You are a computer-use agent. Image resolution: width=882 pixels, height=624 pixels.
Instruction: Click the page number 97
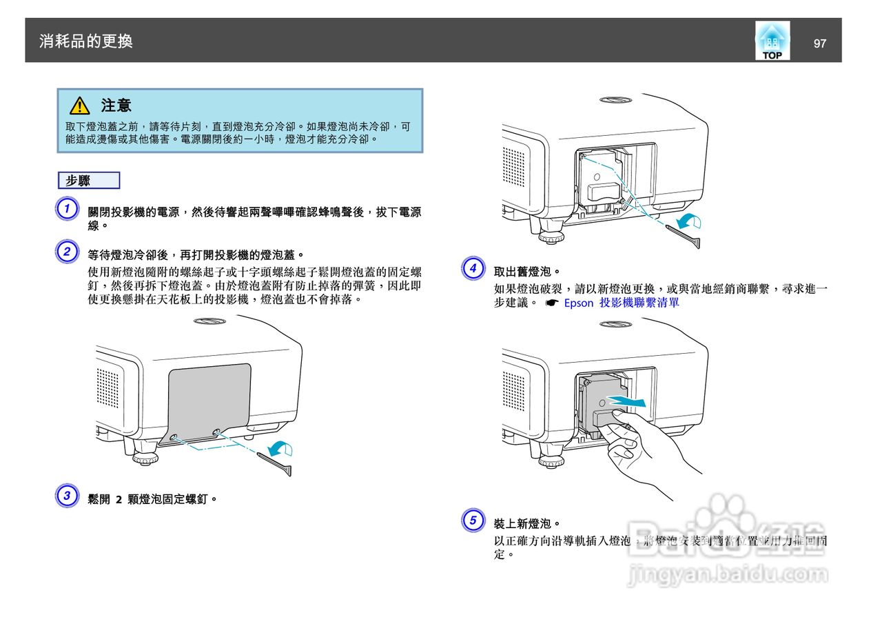[x=819, y=43]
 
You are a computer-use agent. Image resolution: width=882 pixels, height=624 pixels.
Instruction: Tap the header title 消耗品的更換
[x=86, y=41]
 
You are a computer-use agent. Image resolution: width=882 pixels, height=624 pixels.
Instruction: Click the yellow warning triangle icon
[x=79, y=105]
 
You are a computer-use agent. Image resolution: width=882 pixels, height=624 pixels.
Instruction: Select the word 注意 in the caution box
[x=116, y=105]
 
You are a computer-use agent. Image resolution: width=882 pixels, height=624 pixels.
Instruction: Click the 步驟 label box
[x=89, y=181]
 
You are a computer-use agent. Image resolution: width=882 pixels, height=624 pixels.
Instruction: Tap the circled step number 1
[x=66, y=209]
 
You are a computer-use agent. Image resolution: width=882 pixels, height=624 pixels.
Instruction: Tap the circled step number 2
[x=66, y=251]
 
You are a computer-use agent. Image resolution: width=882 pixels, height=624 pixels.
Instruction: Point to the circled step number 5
[x=472, y=519]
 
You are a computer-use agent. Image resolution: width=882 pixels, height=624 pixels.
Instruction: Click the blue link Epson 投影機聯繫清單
[x=621, y=303]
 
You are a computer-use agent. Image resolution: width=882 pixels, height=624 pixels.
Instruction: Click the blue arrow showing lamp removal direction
[x=630, y=401]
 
